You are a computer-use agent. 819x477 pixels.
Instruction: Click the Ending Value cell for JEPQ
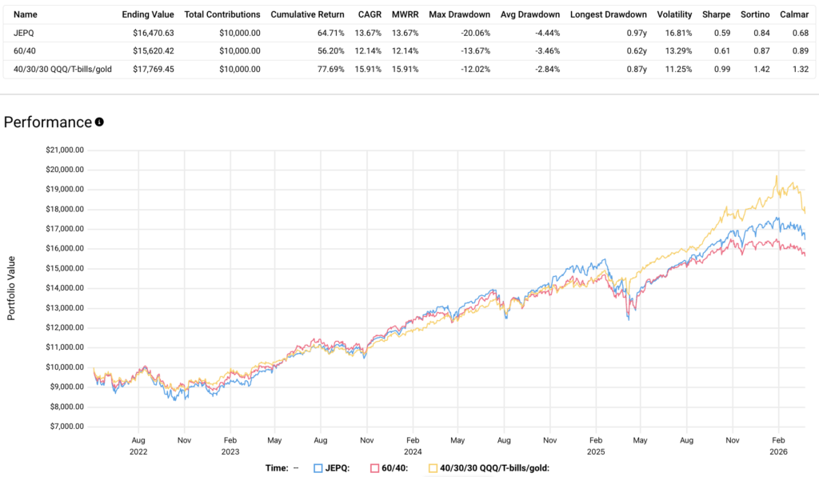tap(148, 34)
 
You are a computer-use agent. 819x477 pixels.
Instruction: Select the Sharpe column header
tap(715, 15)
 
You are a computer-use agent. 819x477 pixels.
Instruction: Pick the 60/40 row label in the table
tap(26, 51)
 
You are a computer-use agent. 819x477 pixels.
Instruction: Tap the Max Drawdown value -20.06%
tap(471, 34)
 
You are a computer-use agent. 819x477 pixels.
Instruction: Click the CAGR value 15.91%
tap(369, 69)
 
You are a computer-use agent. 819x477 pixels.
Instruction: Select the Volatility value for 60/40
tap(675, 51)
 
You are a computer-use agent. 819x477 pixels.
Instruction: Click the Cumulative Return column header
tap(307, 15)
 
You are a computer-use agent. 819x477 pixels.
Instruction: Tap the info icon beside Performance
tap(99, 122)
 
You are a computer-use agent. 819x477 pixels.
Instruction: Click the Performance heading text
tap(48, 122)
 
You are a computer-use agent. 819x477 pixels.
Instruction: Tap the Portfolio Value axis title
tap(11, 288)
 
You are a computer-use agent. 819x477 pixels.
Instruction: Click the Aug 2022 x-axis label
tap(138, 445)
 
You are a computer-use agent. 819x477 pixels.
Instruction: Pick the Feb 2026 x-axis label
tap(775, 445)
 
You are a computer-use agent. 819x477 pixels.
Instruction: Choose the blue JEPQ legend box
tap(319, 468)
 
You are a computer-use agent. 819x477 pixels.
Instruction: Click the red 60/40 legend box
tap(375, 468)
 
